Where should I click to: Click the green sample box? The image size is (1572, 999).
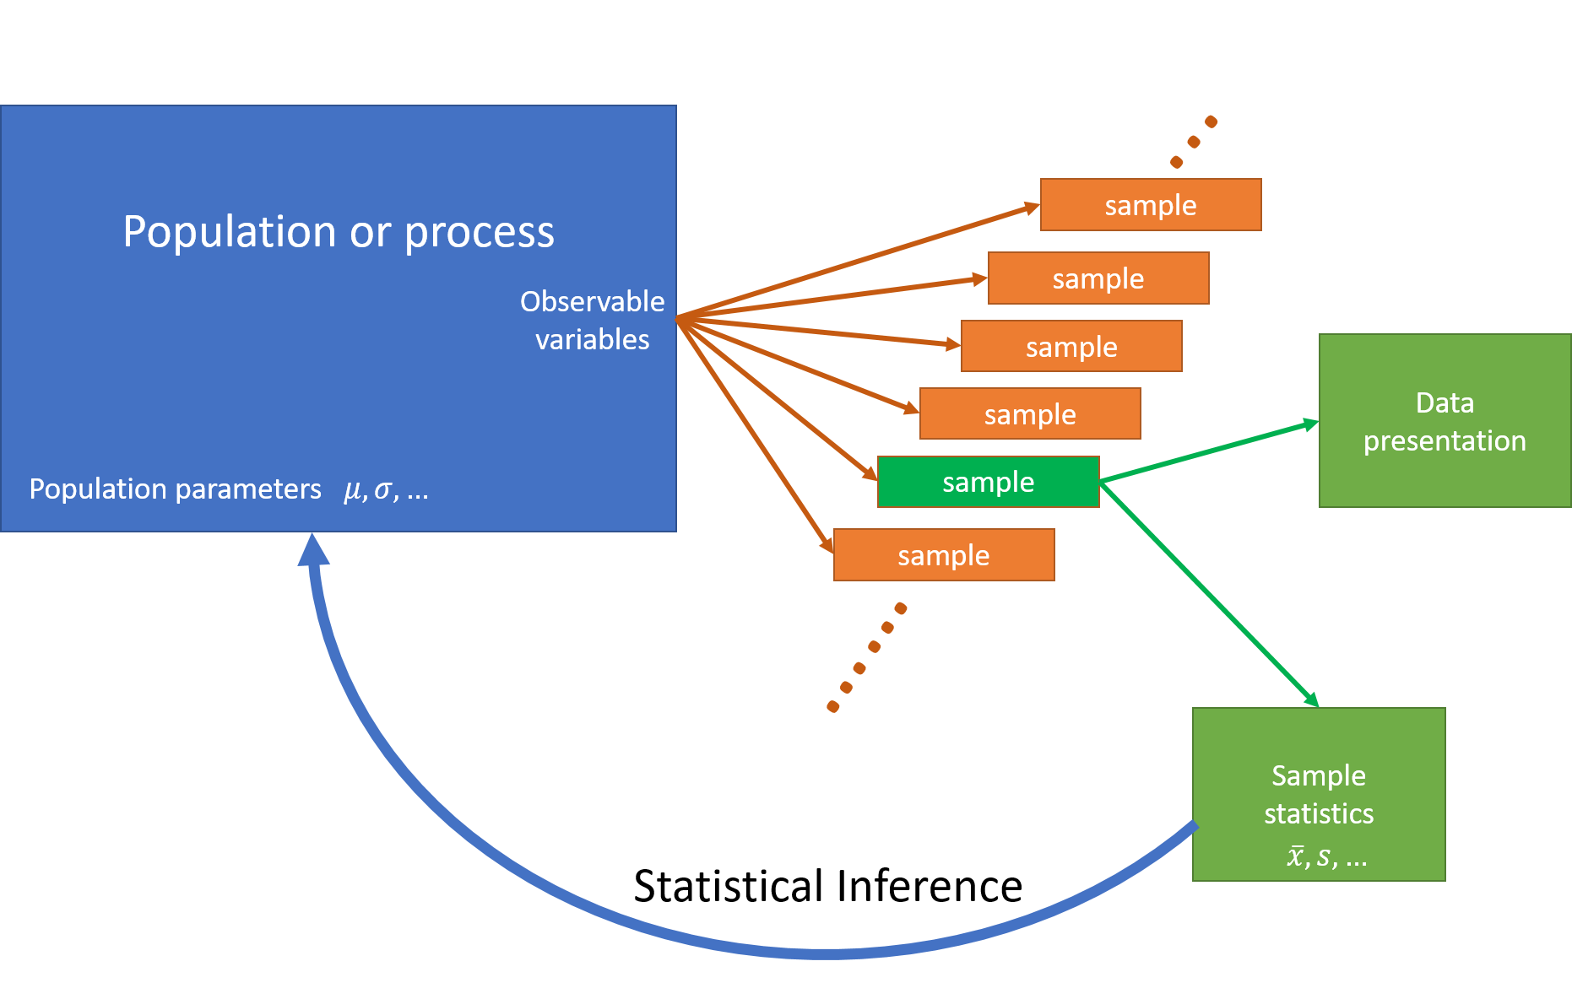[x=988, y=482]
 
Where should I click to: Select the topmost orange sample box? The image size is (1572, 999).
[x=1151, y=205]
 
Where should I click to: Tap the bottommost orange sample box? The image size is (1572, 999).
[x=944, y=555]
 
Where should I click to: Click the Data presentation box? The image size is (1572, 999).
[x=1445, y=421]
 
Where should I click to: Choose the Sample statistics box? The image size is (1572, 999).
[x=1318, y=794]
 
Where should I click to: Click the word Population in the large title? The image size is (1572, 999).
[x=230, y=231]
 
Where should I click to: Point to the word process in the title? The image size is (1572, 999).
[x=479, y=233]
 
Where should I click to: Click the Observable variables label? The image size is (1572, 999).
[x=592, y=320]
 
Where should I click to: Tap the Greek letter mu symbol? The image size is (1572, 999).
[x=352, y=490]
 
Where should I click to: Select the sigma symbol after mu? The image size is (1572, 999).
[x=383, y=489]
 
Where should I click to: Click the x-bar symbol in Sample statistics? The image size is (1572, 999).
[x=1295, y=857]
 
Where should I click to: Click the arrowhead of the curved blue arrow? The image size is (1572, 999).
[x=313, y=549]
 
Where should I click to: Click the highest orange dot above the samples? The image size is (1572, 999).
[x=1211, y=121]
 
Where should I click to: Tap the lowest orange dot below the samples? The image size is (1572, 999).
[x=833, y=706]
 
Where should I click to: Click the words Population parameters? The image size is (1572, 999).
[x=175, y=489]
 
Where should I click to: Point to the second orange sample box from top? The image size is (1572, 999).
[x=1098, y=278]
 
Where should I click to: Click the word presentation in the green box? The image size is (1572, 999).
[x=1445, y=441]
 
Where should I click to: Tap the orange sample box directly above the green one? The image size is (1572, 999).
[x=1030, y=414]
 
